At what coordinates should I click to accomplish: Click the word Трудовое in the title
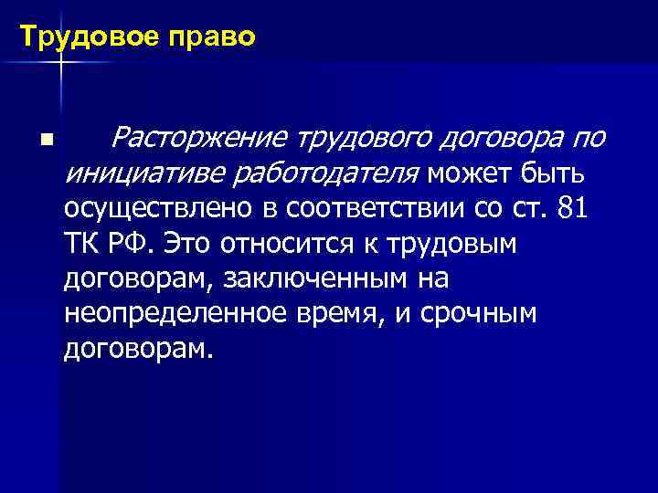click(74, 37)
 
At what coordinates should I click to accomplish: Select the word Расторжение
click(199, 138)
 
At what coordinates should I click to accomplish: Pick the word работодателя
click(312, 173)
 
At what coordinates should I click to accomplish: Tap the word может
click(469, 173)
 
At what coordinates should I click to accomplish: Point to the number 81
click(572, 208)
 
